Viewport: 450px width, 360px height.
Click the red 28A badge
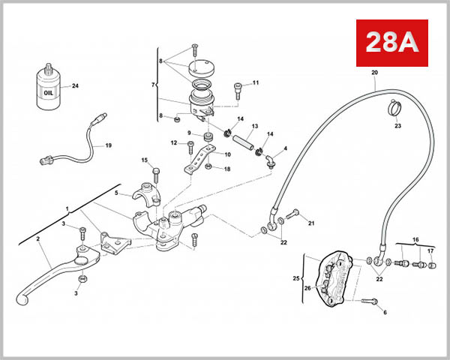(x=390, y=43)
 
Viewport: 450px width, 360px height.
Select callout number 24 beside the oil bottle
(x=74, y=86)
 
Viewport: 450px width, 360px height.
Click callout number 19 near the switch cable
(x=107, y=145)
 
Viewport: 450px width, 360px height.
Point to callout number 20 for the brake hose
(x=375, y=73)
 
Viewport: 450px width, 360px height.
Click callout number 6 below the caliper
(x=385, y=311)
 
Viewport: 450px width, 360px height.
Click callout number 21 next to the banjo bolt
(x=311, y=223)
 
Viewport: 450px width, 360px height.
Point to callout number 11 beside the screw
(x=255, y=82)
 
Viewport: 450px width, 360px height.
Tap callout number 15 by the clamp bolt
(x=145, y=160)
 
